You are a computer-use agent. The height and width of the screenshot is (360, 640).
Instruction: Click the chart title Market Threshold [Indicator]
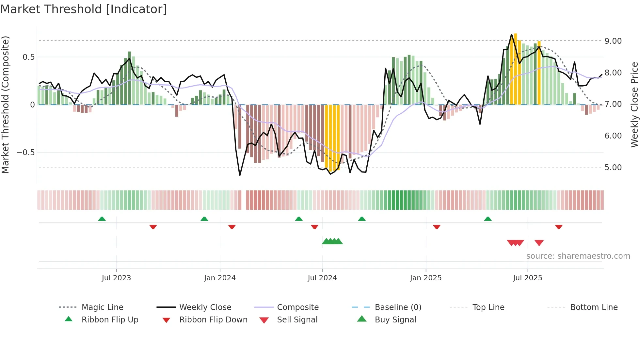(84, 9)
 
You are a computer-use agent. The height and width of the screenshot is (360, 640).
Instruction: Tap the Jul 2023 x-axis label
(116, 278)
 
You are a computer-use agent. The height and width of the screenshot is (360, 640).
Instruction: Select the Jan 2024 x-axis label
(220, 278)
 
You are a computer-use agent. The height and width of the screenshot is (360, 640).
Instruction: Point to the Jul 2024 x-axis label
(322, 278)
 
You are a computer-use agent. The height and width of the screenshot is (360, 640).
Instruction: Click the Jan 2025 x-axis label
(426, 278)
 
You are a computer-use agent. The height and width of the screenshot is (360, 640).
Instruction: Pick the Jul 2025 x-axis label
(528, 278)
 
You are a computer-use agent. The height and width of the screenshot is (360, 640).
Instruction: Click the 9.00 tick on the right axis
(613, 41)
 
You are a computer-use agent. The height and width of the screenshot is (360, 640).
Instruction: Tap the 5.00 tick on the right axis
(613, 168)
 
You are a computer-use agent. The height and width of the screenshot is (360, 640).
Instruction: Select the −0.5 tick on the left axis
(25, 153)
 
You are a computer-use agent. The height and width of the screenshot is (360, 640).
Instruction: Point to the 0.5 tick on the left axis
(28, 57)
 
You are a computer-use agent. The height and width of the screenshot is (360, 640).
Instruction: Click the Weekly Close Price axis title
(634, 105)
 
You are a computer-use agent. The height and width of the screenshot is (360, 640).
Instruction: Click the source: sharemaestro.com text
(578, 256)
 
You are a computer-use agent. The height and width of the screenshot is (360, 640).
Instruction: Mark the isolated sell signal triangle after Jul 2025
(539, 243)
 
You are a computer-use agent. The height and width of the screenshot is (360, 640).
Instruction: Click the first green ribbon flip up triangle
(102, 219)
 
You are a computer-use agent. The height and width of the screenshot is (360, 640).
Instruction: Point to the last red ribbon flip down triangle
(559, 227)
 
